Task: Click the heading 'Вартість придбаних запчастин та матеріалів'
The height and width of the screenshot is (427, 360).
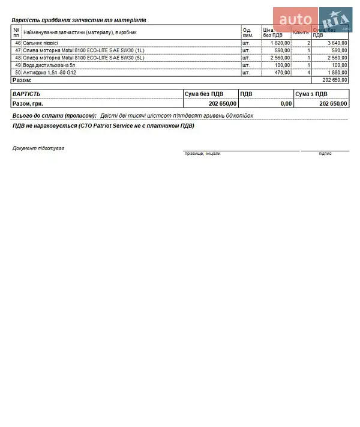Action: pyautogui.click(x=79, y=20)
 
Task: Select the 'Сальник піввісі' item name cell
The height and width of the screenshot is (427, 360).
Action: pyautogui.click(x=41, y=43)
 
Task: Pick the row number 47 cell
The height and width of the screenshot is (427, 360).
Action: pyautogui.click(x=17, y=50)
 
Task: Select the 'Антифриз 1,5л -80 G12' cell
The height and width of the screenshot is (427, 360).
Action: pyautogui.click(x=50, y=72)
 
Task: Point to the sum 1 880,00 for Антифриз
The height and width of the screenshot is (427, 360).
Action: pyautogui.click(x=337, y=72)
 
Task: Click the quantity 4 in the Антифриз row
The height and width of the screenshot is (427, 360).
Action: pyautogui.click(x=308, y=72)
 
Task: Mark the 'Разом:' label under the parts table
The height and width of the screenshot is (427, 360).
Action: pyautogui.click(x=22, y=80)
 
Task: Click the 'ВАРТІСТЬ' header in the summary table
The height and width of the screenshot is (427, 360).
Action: pyautogui.click(x=26, y=94)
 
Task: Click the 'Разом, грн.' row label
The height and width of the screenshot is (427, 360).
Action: pyautogui.click(x=29, y=103)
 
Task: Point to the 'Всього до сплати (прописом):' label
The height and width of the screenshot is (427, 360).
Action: pyautogui.click(x=55, y=115)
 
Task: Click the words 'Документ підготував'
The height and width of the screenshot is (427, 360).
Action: pyautogui.click(x=38, y=148)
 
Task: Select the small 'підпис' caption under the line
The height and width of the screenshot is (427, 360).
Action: pyautogui.click(x=325, y=154)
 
